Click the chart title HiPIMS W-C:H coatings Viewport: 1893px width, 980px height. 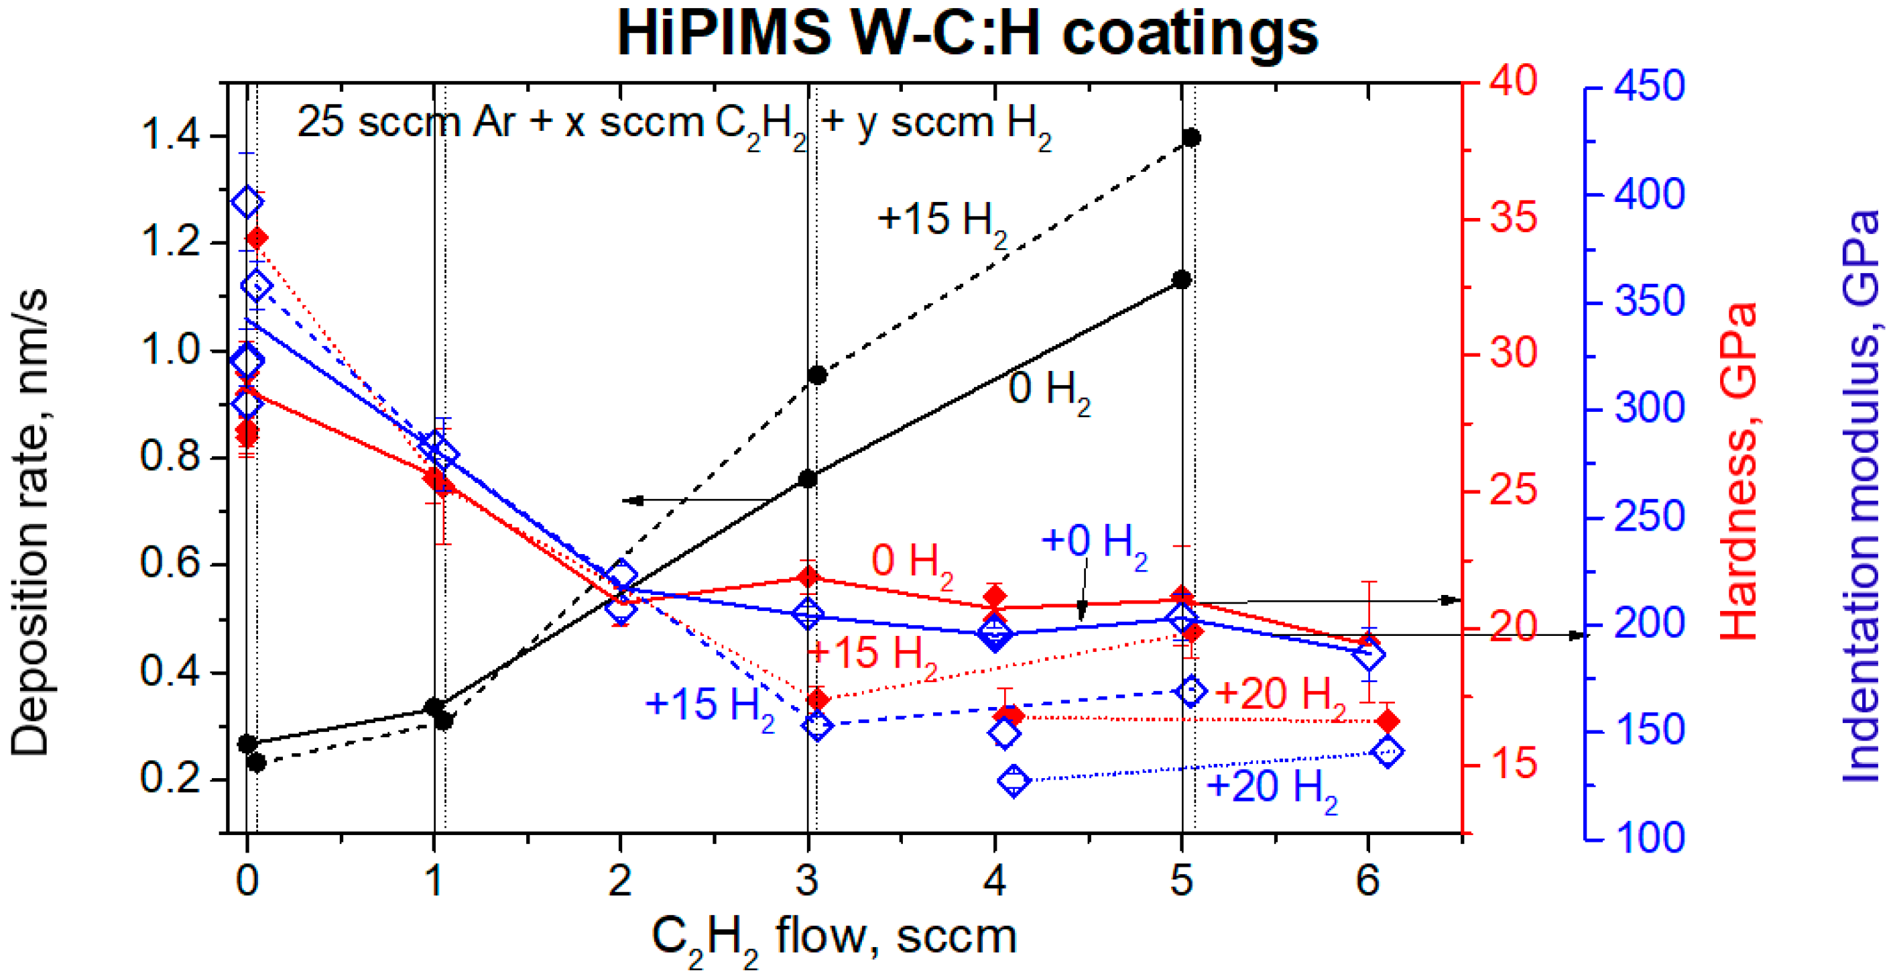click(967, 34)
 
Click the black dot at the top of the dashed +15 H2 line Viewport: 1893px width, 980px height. click(1191, 138)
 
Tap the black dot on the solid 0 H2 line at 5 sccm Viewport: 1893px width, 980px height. click(1182, 279)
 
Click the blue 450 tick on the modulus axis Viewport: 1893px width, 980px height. click(1649, 87)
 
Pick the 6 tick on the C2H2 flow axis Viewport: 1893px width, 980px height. click(1367, 880)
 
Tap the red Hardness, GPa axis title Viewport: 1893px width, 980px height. click(1739, 470)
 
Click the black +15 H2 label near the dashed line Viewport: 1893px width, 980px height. click(940, 221)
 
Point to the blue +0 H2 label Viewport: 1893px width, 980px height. click(1093, 543)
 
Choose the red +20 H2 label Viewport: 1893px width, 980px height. click(1280, 696)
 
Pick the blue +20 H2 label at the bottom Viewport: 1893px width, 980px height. click(1272, 788)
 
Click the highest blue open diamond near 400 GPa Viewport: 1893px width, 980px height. click(247, 201)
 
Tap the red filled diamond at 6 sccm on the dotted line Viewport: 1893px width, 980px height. click(1388, 721)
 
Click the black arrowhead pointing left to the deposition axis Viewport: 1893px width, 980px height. click(633, 500)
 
